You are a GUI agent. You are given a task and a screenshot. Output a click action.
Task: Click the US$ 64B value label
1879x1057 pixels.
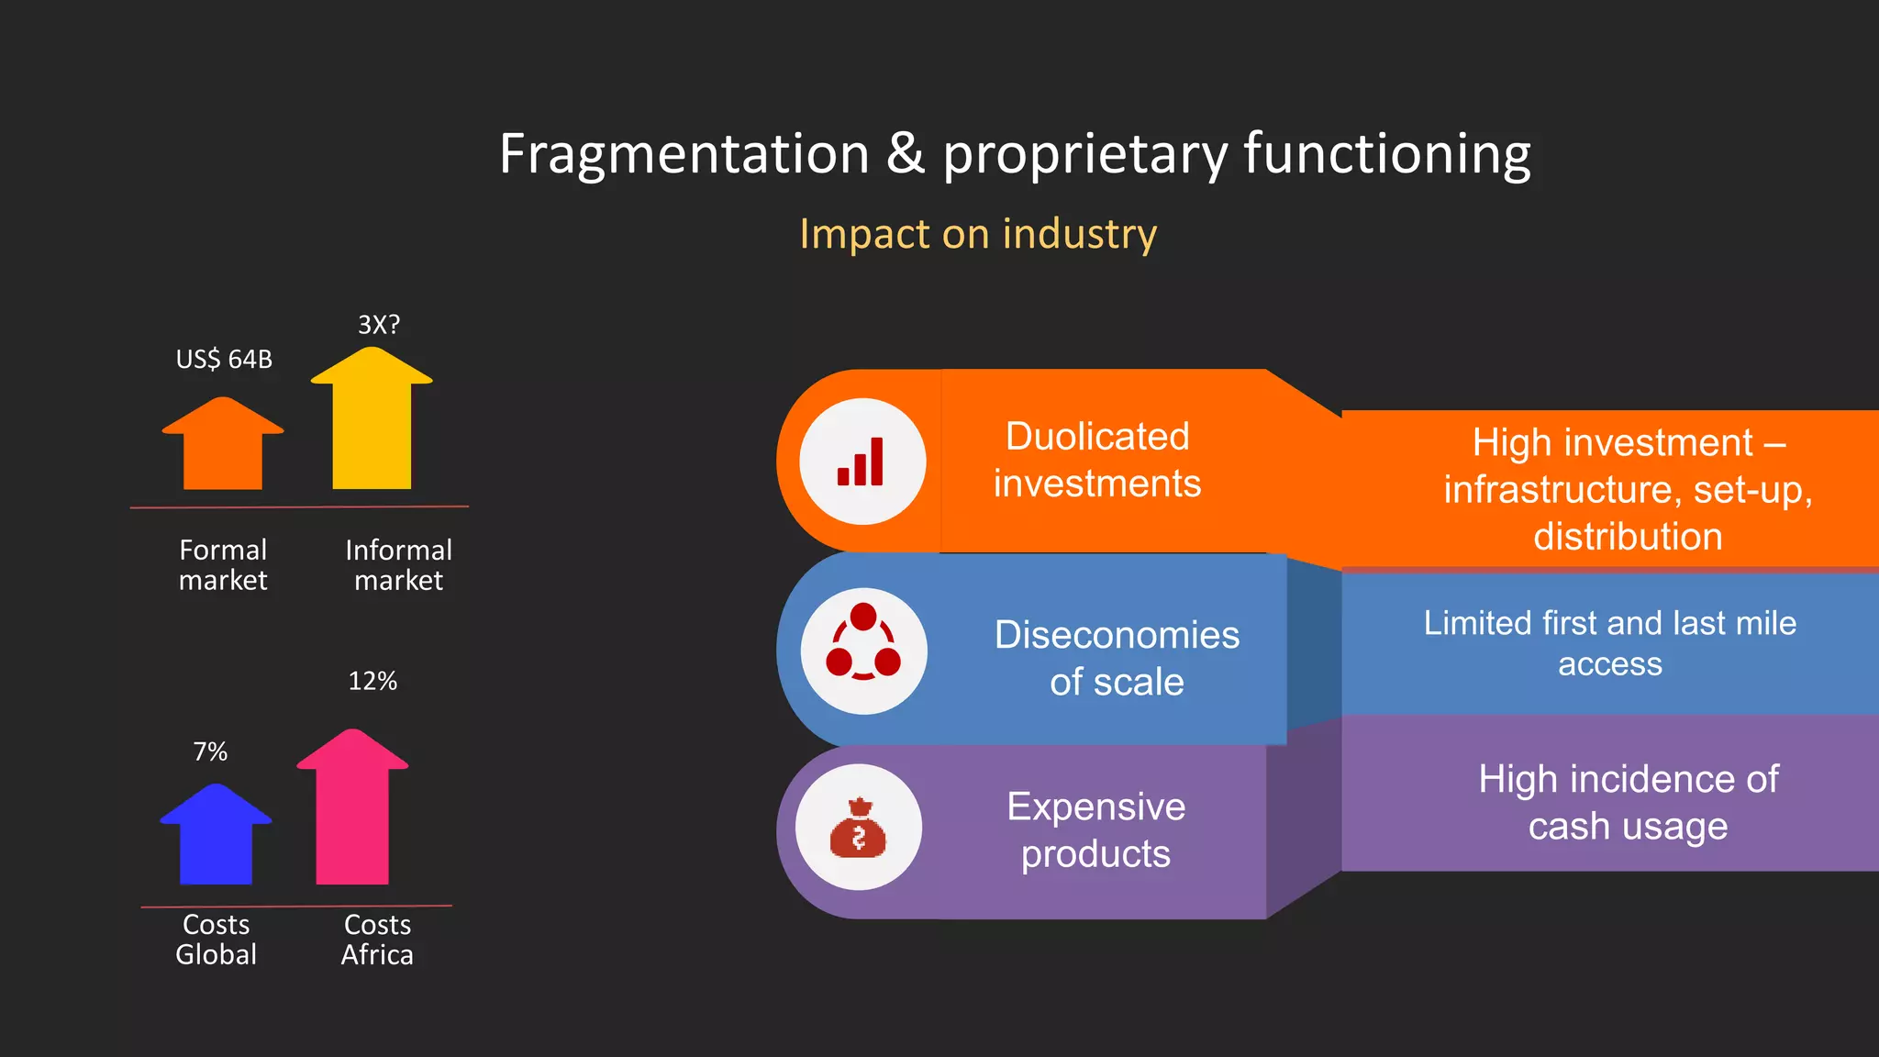click(224, 359)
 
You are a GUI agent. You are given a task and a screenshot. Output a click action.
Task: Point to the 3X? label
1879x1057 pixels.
click(378, 325)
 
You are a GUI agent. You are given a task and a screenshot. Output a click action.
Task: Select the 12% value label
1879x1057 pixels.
click(372, 681)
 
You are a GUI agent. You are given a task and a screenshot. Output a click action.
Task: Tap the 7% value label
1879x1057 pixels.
click(210, 751)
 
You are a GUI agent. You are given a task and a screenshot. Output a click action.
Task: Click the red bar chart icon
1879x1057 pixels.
click(862, 462)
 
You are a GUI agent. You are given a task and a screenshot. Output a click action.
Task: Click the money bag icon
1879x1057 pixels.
click(859, 828)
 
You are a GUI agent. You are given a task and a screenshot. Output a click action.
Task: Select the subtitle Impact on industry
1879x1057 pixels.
click(978, 234)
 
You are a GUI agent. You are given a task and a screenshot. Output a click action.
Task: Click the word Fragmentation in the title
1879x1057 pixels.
click(684, 153)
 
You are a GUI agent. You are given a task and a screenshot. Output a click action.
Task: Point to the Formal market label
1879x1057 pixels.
click(223, 564)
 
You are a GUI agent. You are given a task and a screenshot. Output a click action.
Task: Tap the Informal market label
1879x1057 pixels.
click(398, 564)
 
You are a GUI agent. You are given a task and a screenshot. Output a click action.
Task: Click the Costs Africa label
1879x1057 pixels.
click(377, 939)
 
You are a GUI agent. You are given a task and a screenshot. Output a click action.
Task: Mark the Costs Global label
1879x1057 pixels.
click(217, 939)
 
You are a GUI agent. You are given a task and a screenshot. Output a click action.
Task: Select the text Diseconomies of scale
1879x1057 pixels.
click(1117, 658)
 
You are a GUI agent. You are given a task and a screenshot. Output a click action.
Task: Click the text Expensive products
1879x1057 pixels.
click(1095, 829)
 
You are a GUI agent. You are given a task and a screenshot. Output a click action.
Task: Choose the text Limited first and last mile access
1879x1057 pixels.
click(1609, 642)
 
